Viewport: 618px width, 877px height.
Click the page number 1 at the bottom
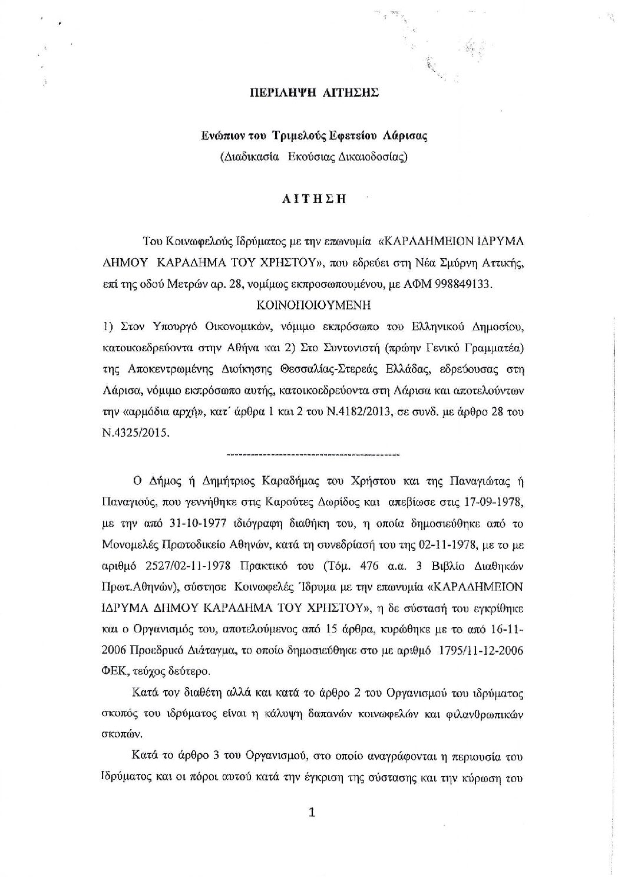[x=312, y=813]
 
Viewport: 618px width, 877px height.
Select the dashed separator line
[x=313, y=455]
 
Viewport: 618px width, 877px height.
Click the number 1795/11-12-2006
[x=478, y=651]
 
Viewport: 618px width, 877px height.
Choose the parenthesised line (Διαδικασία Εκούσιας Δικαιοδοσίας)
[x=313, y=157]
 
